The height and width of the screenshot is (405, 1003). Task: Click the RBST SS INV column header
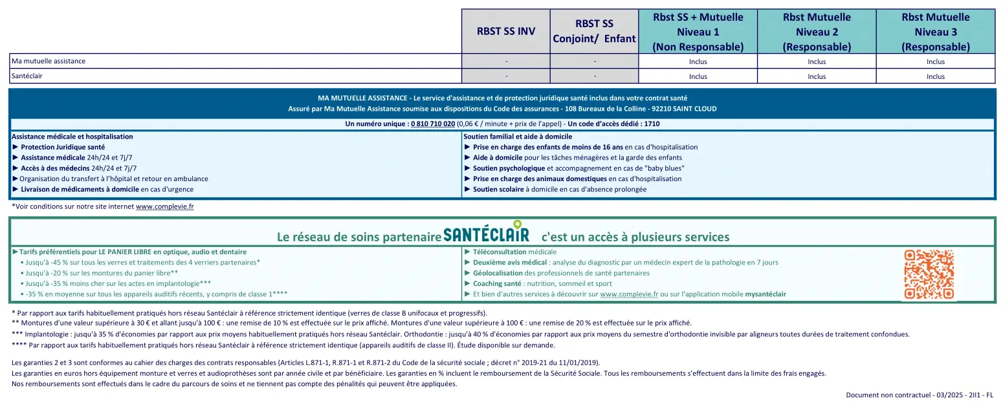tap(506, 32)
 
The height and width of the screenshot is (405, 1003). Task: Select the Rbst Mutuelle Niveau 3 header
tap(935, 32)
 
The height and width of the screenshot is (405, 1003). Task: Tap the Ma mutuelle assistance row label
tap(49, 61)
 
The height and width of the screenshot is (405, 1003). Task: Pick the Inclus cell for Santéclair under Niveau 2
tap(817, 76)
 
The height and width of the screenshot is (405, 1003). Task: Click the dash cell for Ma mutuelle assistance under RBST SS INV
tap(506, 61)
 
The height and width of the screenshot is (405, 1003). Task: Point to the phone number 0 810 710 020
tap(432, 124)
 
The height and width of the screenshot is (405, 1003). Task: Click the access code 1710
tap(652, 124)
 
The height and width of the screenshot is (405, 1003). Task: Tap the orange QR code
tap(929, 274)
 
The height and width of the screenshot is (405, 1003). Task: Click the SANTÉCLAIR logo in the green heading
tap(486, 234)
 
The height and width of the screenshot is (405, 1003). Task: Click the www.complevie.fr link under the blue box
tap(165, 206)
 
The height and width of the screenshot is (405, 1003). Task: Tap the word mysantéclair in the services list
tap(766, 294)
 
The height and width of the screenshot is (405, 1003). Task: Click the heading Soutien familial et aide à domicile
tap(518, 137)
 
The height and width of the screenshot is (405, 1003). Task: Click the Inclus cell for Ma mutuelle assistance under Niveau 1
tap(698, 61)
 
